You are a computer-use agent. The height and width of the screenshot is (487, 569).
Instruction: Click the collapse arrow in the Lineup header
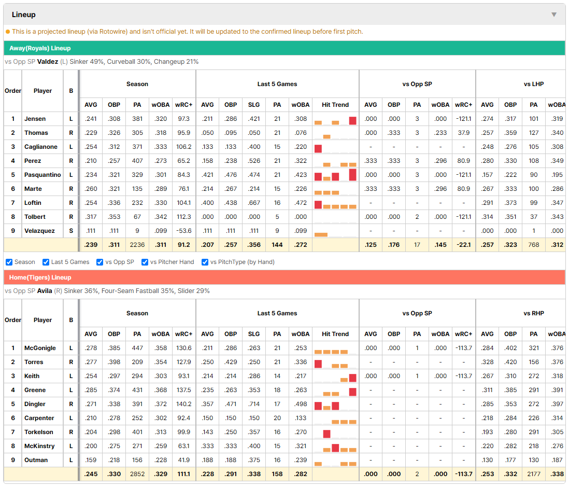554,15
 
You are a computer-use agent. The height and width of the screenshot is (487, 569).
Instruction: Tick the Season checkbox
9,262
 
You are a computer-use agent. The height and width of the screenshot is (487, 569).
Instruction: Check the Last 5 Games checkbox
46,262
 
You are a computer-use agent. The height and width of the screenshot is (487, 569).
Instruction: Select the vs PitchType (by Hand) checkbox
205,262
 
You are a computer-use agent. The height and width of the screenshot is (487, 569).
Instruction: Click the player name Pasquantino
42,175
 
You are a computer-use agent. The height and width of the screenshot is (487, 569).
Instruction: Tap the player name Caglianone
40,147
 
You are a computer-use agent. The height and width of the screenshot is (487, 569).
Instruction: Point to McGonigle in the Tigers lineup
40,348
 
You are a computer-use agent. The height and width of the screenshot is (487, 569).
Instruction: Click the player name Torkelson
38,432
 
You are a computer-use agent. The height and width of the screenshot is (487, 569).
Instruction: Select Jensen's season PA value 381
137,119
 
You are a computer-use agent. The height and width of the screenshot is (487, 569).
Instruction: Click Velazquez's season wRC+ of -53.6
183,231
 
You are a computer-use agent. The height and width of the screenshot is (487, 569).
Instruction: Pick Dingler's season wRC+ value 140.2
183,404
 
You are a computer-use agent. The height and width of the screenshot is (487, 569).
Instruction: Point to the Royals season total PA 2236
137,245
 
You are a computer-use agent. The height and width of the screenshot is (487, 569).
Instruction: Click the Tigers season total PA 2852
137,474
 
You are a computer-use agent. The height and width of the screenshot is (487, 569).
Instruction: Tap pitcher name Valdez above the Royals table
48,62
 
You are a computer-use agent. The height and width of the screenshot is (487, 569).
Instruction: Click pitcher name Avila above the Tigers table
45,291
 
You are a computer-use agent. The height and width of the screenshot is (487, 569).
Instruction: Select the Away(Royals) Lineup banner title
40,48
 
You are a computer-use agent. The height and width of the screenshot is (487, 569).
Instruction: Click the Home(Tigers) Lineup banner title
40,277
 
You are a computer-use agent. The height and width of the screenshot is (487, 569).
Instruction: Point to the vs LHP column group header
533,84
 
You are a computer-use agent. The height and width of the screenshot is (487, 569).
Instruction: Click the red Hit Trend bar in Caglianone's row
318,148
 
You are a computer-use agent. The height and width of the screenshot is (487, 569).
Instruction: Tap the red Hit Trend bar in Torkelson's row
326,434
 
